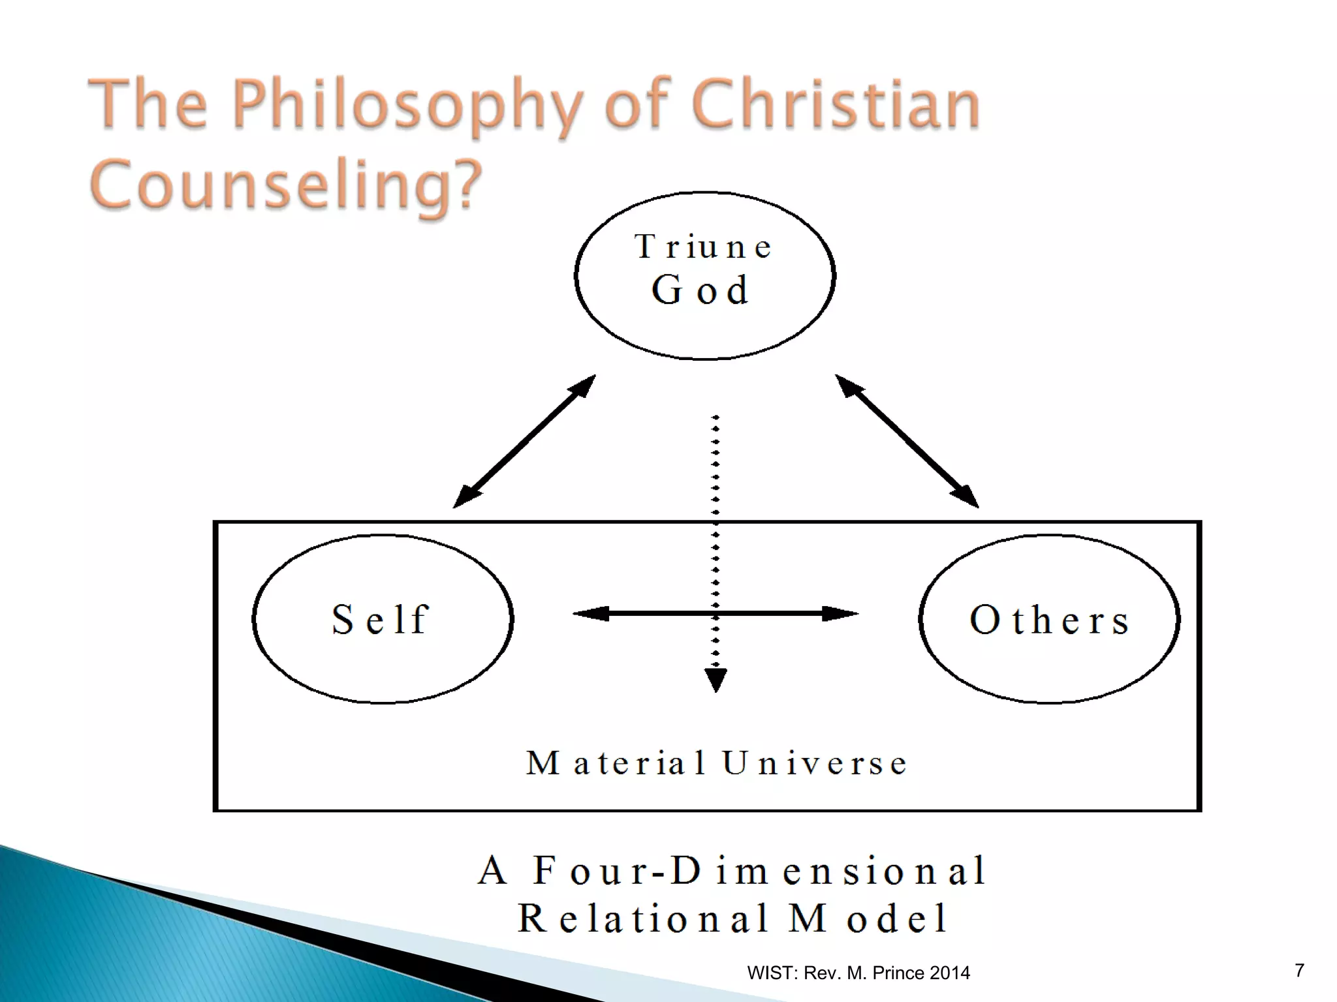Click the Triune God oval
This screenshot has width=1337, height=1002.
(704, 275)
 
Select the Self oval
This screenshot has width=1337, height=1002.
(383, 619)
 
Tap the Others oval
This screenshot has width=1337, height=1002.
(1049, 619)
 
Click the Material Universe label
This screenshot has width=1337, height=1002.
(717, 763)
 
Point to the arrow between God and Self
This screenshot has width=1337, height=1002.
(524, 441)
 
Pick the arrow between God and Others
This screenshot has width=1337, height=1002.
(907, 441)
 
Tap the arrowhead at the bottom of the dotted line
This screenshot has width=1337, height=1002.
(716, 680)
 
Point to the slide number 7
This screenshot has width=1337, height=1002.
(1299, 970)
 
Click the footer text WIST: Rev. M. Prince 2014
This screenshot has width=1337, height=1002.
(858, 973)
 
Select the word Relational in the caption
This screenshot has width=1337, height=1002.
(642, 918)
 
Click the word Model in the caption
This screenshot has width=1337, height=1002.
(868, 918)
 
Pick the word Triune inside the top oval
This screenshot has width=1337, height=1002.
(704, 247)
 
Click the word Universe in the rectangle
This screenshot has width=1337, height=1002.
(814, 763)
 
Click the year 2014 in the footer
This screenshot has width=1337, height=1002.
(950, 973)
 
